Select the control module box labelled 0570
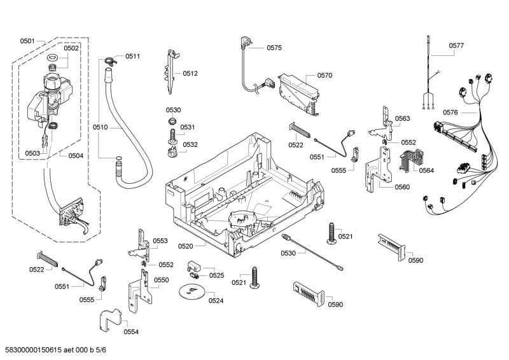tap(298, 90)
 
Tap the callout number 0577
tap(456, 45)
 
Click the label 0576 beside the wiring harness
tap(450, 113)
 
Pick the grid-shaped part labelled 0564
tap(408, 162)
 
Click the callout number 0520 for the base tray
tap(185, 246)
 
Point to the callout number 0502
tap(71, 48)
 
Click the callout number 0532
tap(190, 145)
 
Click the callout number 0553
tap(160, 241)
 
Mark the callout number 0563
tap(401, 118)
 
